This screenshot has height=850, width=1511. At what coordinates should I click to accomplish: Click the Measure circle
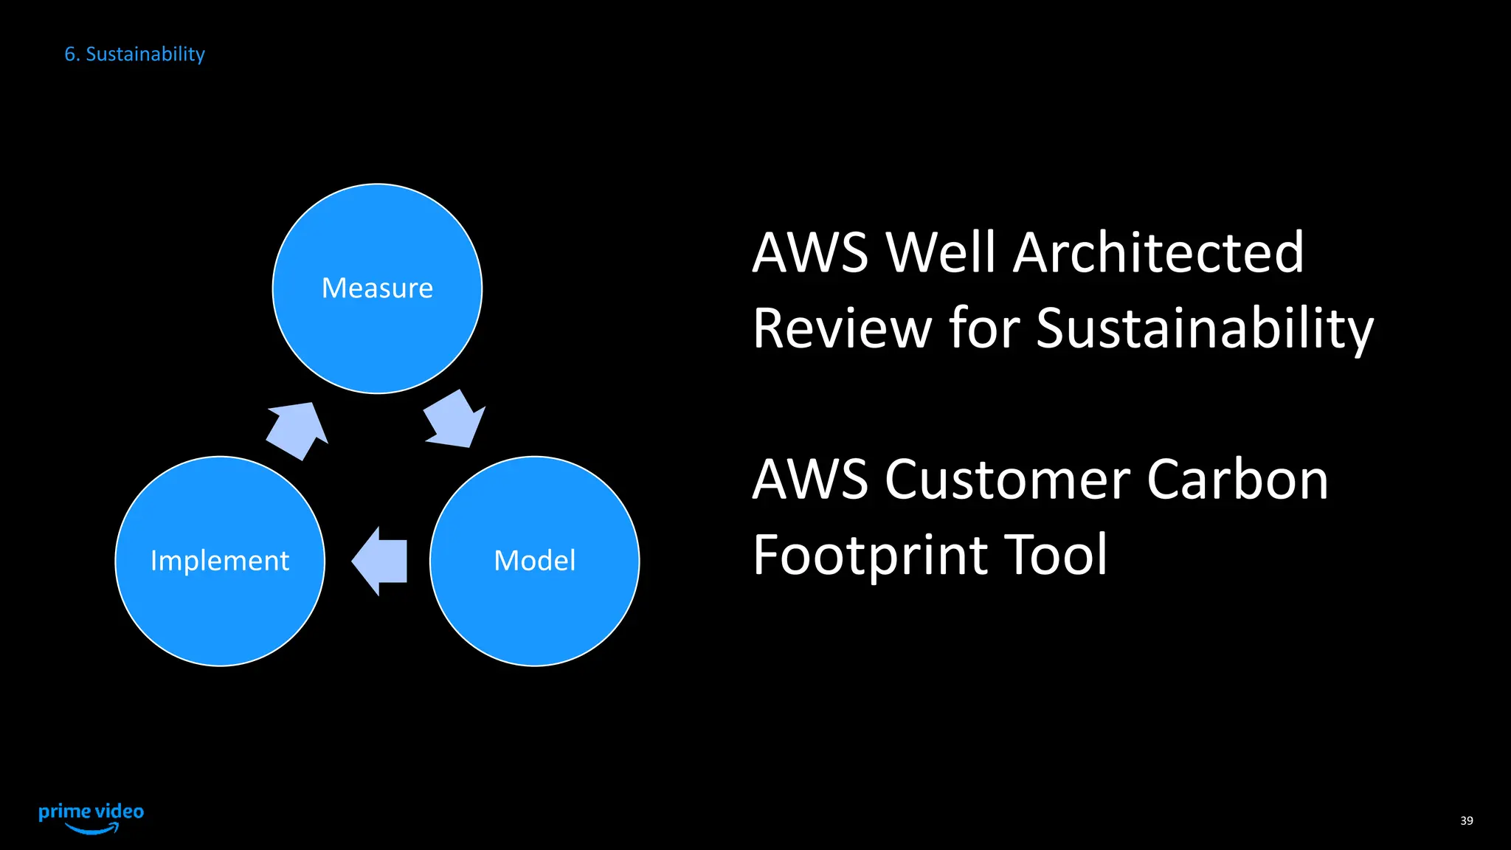coord(377,288)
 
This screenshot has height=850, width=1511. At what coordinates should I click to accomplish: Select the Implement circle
coord(220,561)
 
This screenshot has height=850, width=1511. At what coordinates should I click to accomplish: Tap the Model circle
coord(534,561)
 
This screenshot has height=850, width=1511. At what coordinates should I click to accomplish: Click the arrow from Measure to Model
coord(454,421)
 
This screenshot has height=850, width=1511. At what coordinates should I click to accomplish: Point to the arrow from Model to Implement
coord(381,561)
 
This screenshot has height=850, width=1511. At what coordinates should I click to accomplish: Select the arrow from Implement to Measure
coord(297,430)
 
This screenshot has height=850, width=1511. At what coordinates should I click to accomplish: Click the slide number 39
coord(1466,820)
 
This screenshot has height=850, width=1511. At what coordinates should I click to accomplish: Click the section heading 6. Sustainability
coord(134,54)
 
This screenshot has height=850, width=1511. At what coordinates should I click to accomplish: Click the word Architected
coord(1158,252)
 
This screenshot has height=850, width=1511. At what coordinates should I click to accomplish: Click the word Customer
coord(1007,480)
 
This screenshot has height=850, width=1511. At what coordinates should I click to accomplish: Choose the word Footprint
coord(868,556)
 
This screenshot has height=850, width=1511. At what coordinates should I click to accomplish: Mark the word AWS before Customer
coord(810,480)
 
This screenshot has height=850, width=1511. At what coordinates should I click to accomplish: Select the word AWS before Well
coord(810,252)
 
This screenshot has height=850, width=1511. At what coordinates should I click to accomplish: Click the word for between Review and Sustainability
coord(984,328)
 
